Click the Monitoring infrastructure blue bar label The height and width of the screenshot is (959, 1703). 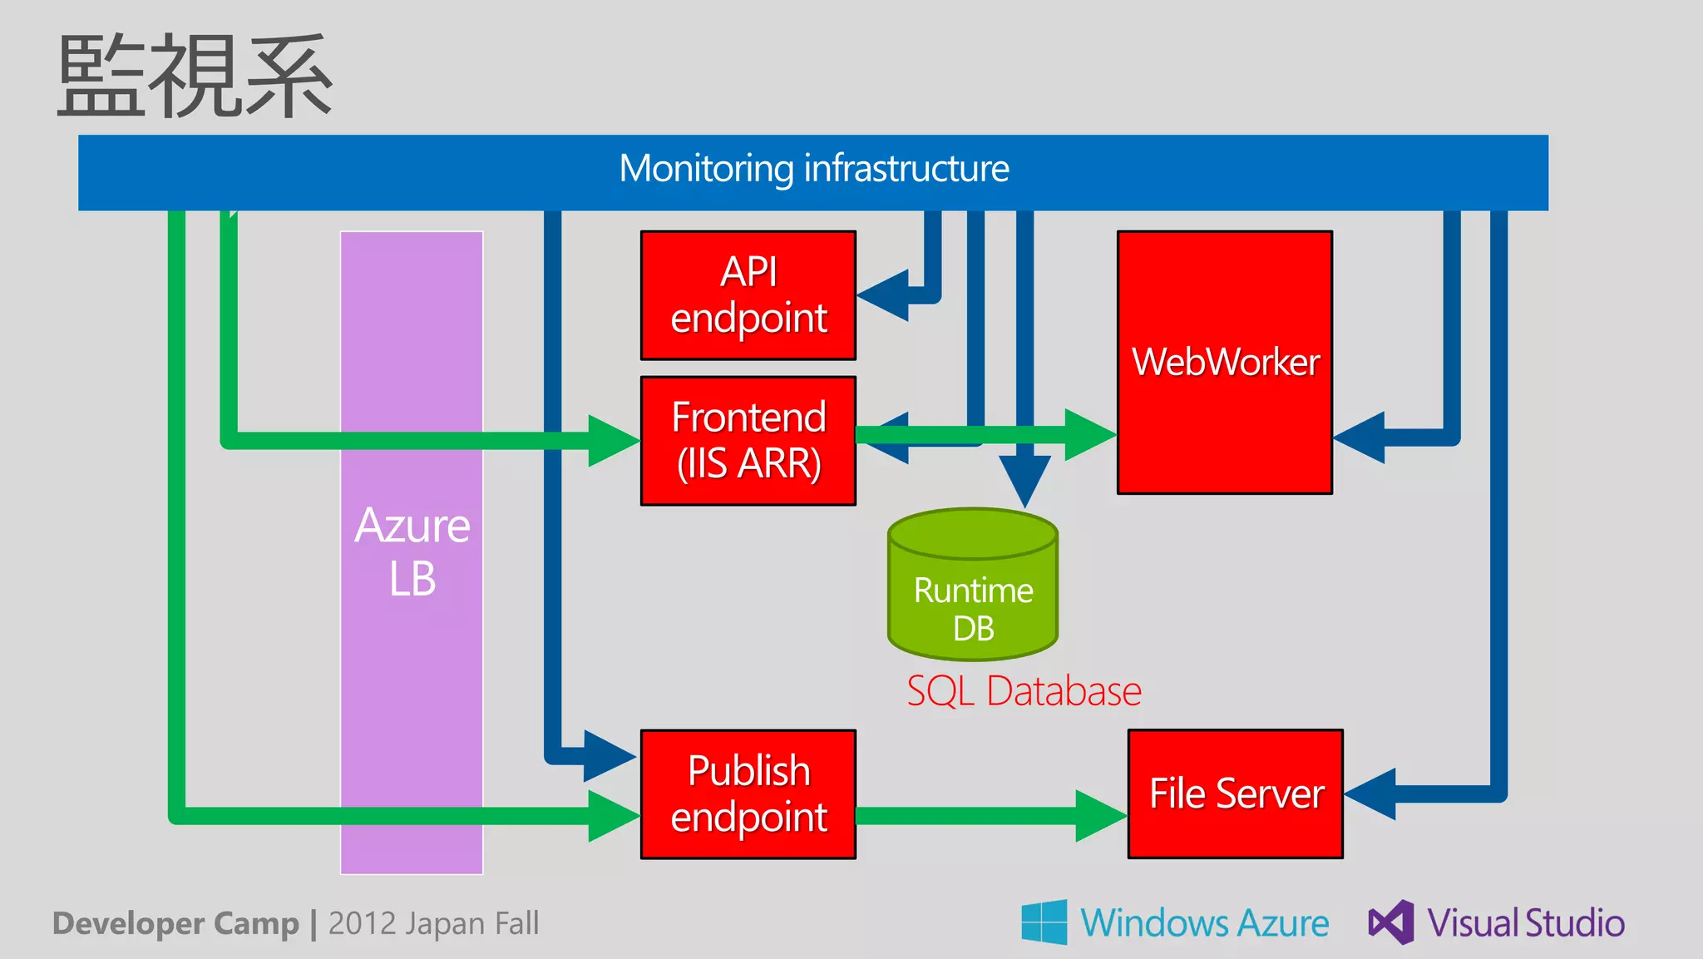click(813, 169)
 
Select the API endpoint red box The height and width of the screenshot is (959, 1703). click(748, 295)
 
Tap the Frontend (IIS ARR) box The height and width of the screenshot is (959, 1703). click(748, 441)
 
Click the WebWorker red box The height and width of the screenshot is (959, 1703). click(1224, 363)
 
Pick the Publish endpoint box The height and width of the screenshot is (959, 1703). click(748, 794)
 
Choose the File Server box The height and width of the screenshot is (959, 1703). click(1235, 793)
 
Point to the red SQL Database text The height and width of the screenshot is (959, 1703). click(1024, 691)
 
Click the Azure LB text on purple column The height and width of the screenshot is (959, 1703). click(412, 551)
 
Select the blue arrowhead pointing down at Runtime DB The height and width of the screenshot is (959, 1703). click(1024, 480)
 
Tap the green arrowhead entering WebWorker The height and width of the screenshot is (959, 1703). click(1089, 434)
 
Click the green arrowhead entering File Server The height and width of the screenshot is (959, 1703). click(1100, 815)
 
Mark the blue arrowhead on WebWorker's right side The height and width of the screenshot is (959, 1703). click(1360, 437)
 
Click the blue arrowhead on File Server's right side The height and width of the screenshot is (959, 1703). click(1371, 793)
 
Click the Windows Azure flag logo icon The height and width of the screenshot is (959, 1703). click(1044, 922)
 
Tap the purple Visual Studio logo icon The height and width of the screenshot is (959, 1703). click(1390, 922)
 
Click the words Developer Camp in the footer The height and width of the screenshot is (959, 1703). click(175, 923)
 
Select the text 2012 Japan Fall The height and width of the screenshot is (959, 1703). click(433, 923)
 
